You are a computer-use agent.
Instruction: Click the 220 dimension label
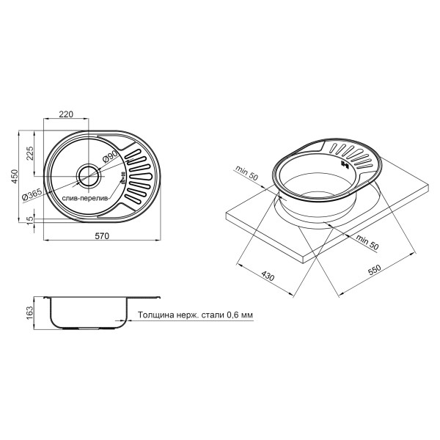click(66, 114)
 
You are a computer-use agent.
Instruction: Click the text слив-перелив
click(84, 198)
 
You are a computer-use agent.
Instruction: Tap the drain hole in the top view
click(90, 175)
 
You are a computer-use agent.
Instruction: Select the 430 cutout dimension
click(265, 277)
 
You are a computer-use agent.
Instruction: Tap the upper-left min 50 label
click(247, 173)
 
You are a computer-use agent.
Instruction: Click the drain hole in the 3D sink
click(343, 163)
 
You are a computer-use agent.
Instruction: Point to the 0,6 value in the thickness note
click(232, 315)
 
